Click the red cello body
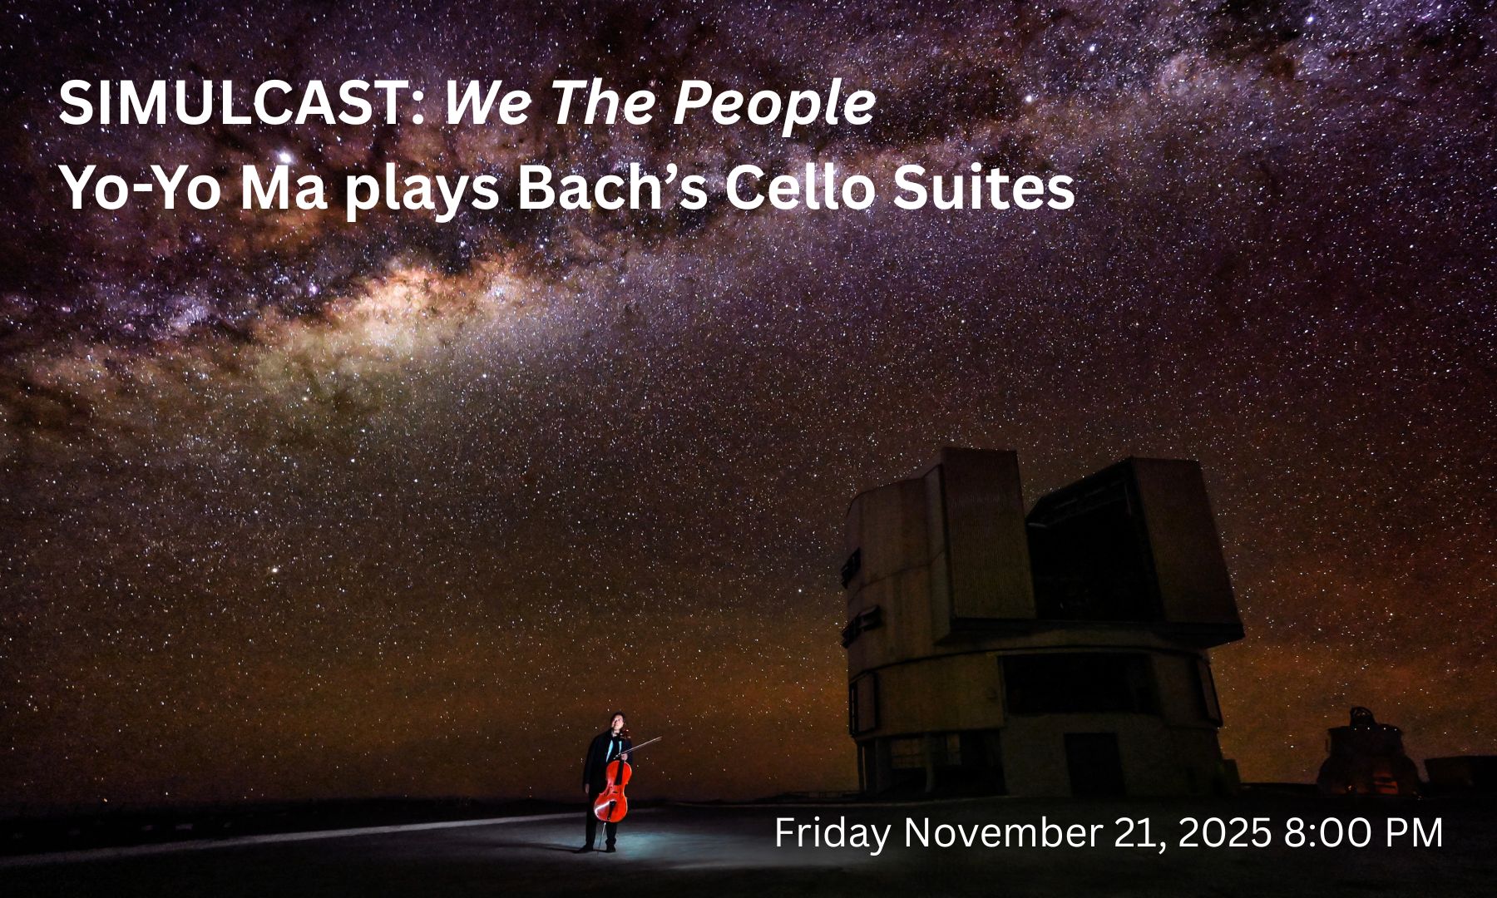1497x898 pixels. [612, 790]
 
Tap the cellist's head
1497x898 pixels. [616, 722]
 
